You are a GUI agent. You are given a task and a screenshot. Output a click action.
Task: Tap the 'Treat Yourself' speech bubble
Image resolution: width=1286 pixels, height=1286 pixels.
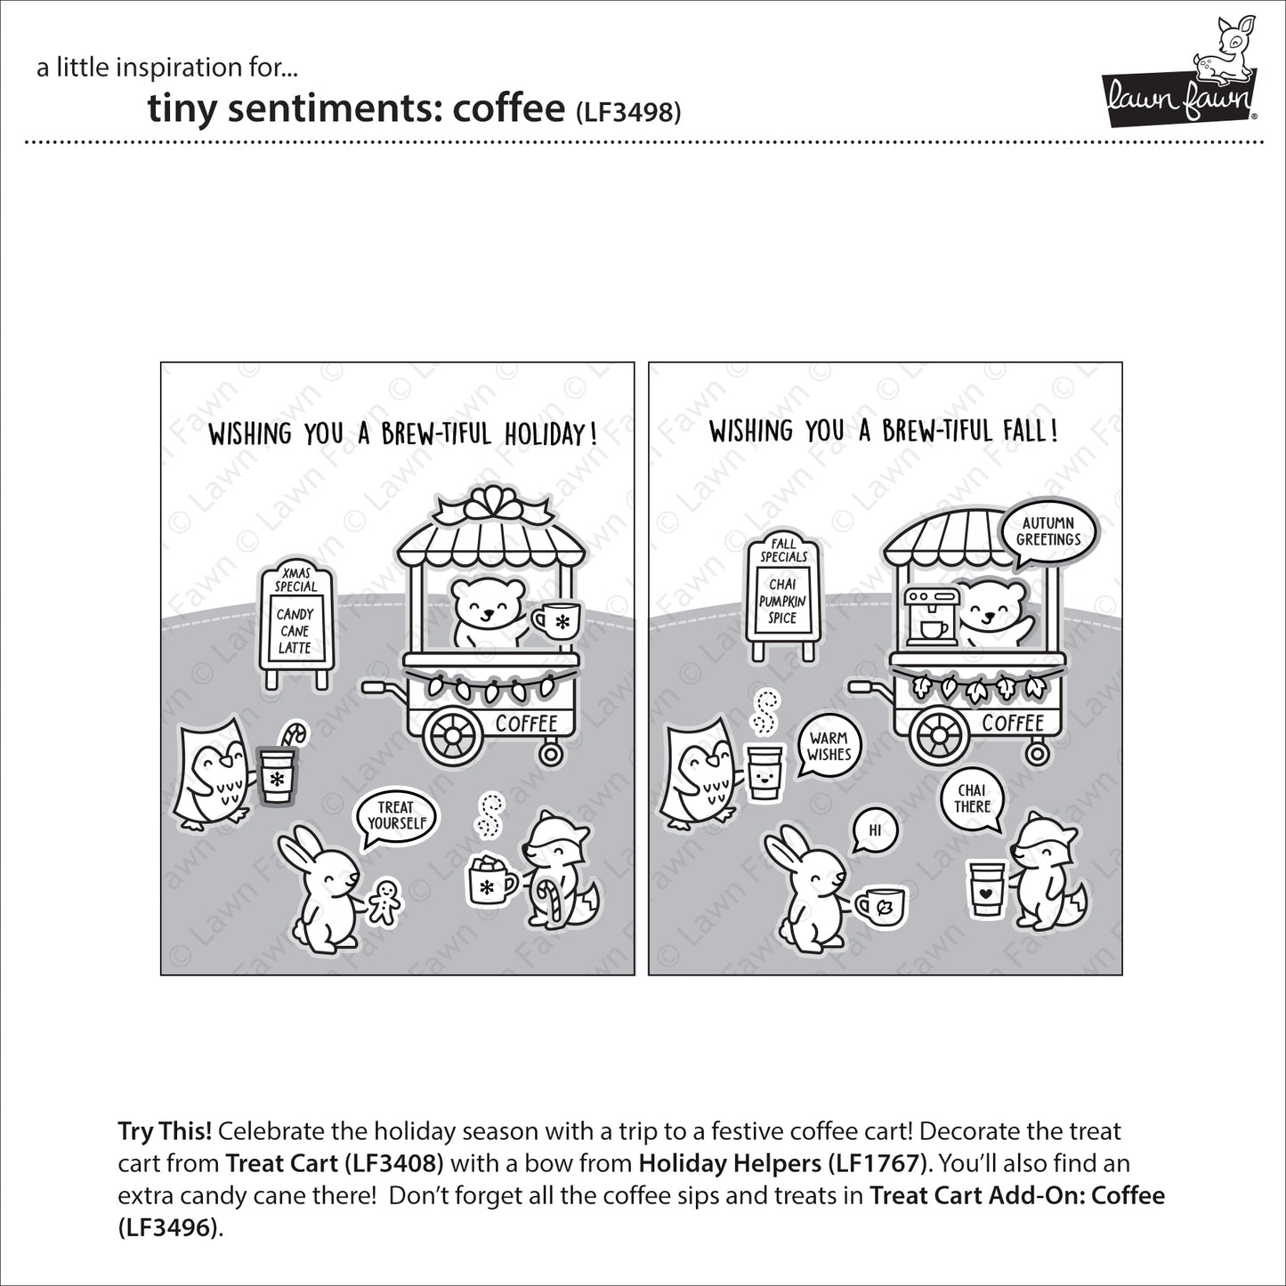[x=397, y=814]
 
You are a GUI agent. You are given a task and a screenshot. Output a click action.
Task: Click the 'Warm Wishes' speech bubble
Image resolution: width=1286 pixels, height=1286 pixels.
[x=829, y=746]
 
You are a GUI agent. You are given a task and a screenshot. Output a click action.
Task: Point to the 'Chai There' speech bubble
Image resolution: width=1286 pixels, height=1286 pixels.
[x=972, y=798]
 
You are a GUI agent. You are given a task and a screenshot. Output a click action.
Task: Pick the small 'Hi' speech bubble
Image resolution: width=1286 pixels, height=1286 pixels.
[x=874, y=829]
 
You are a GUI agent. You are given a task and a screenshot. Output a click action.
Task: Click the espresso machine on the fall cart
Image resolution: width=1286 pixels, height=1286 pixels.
[x=931, y=615]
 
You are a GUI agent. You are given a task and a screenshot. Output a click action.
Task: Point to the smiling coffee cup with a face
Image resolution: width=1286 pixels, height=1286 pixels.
[x=764, y=771]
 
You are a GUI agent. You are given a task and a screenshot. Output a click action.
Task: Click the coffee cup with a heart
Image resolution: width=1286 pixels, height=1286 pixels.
[x=986, y=888]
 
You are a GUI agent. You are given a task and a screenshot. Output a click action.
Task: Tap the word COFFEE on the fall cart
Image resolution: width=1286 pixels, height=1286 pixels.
[x=1013, y=723]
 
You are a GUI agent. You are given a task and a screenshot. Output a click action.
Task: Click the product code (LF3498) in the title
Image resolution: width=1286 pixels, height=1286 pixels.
[x=628, y=111]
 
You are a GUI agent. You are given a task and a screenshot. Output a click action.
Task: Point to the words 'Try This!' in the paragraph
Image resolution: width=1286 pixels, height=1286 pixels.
[x=165, y=1131]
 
